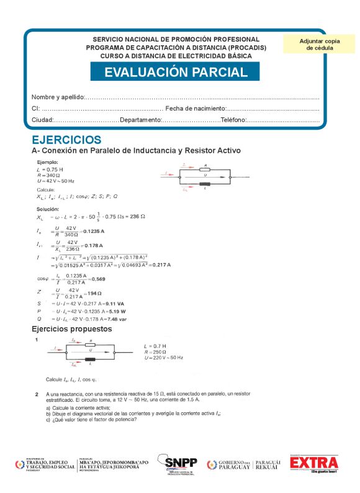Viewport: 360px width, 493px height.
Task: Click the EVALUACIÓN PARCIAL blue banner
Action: tap(176, 72)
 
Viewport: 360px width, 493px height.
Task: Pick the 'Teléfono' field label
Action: tap(233, 120)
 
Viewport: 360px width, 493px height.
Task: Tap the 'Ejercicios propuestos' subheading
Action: tap(72, 328)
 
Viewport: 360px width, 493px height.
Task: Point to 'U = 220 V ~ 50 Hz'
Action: tap(163, 358)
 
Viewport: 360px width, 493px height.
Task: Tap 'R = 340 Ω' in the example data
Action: tap(47, 175)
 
